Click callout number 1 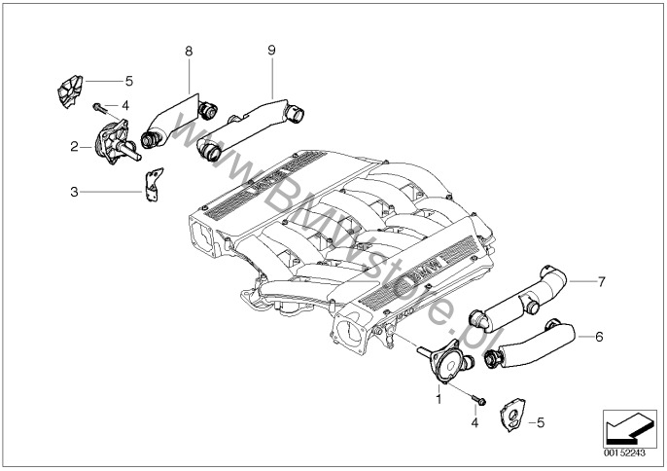[438, 398]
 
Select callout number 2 [74, 147]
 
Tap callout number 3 [74, 192]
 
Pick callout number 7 [602, 282]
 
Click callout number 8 [189, 49]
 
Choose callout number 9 [271, 49]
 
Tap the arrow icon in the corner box [625, 426]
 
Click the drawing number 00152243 [625, 453]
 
